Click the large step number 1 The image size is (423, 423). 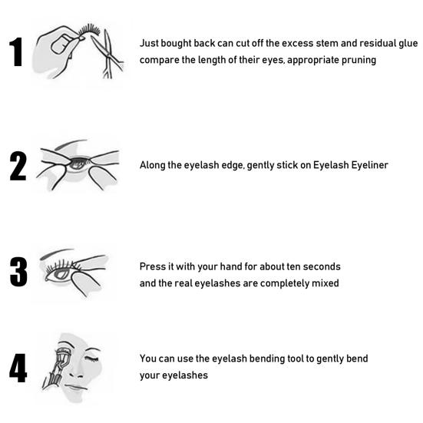17,51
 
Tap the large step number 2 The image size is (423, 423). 18,165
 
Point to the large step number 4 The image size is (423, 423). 18,368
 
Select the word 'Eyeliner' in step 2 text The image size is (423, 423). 368,165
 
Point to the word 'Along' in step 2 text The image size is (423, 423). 152,165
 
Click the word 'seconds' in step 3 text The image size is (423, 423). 319,266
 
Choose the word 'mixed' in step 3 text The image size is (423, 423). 325,283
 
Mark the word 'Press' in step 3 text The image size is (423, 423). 152,266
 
